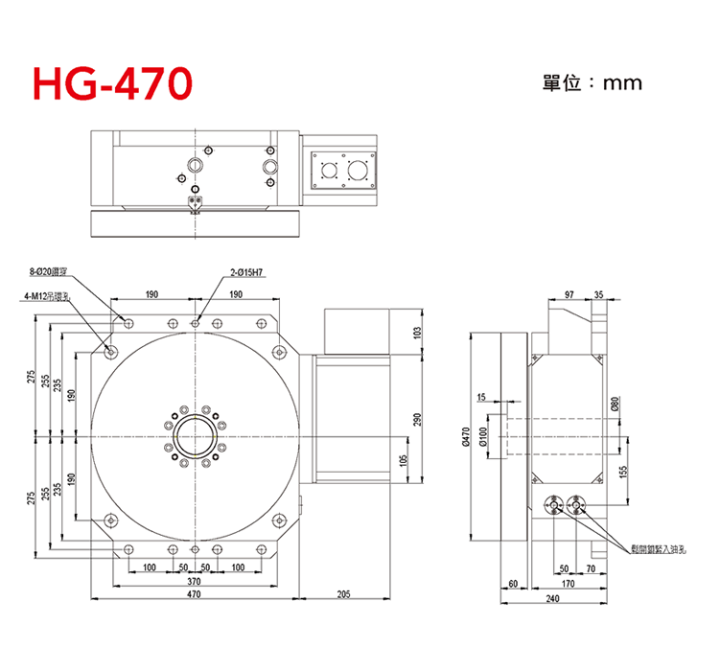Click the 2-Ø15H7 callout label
[246, 272]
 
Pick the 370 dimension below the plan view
[194, 581]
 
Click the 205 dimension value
[343, 595]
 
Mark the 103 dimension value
[416, 333]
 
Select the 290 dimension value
[416, 420]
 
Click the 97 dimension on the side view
[570, 294]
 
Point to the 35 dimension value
[599, 294]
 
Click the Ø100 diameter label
[483, 437]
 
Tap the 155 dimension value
[622, 472]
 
